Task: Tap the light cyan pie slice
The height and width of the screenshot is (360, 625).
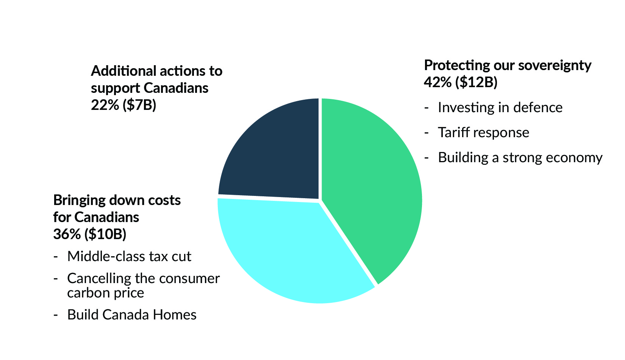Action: (280, 250)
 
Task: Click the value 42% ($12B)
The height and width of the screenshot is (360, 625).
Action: (460, 82)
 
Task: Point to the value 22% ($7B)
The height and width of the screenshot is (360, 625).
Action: (123, 105)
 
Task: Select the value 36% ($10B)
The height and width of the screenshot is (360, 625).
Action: (90, 234)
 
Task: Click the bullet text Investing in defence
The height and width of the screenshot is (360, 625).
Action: (500, 108)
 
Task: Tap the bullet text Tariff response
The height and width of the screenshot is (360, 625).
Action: (483, 133)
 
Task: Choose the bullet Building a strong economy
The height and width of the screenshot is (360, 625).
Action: (520, 158)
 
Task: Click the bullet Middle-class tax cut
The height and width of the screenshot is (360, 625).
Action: (129, 257)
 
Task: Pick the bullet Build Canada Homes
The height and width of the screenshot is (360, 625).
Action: (132, 315)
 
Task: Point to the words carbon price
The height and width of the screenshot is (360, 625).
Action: (106, 293)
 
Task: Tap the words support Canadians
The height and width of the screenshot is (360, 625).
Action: (150, 88)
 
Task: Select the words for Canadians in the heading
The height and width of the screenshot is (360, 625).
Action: (96, 217)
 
